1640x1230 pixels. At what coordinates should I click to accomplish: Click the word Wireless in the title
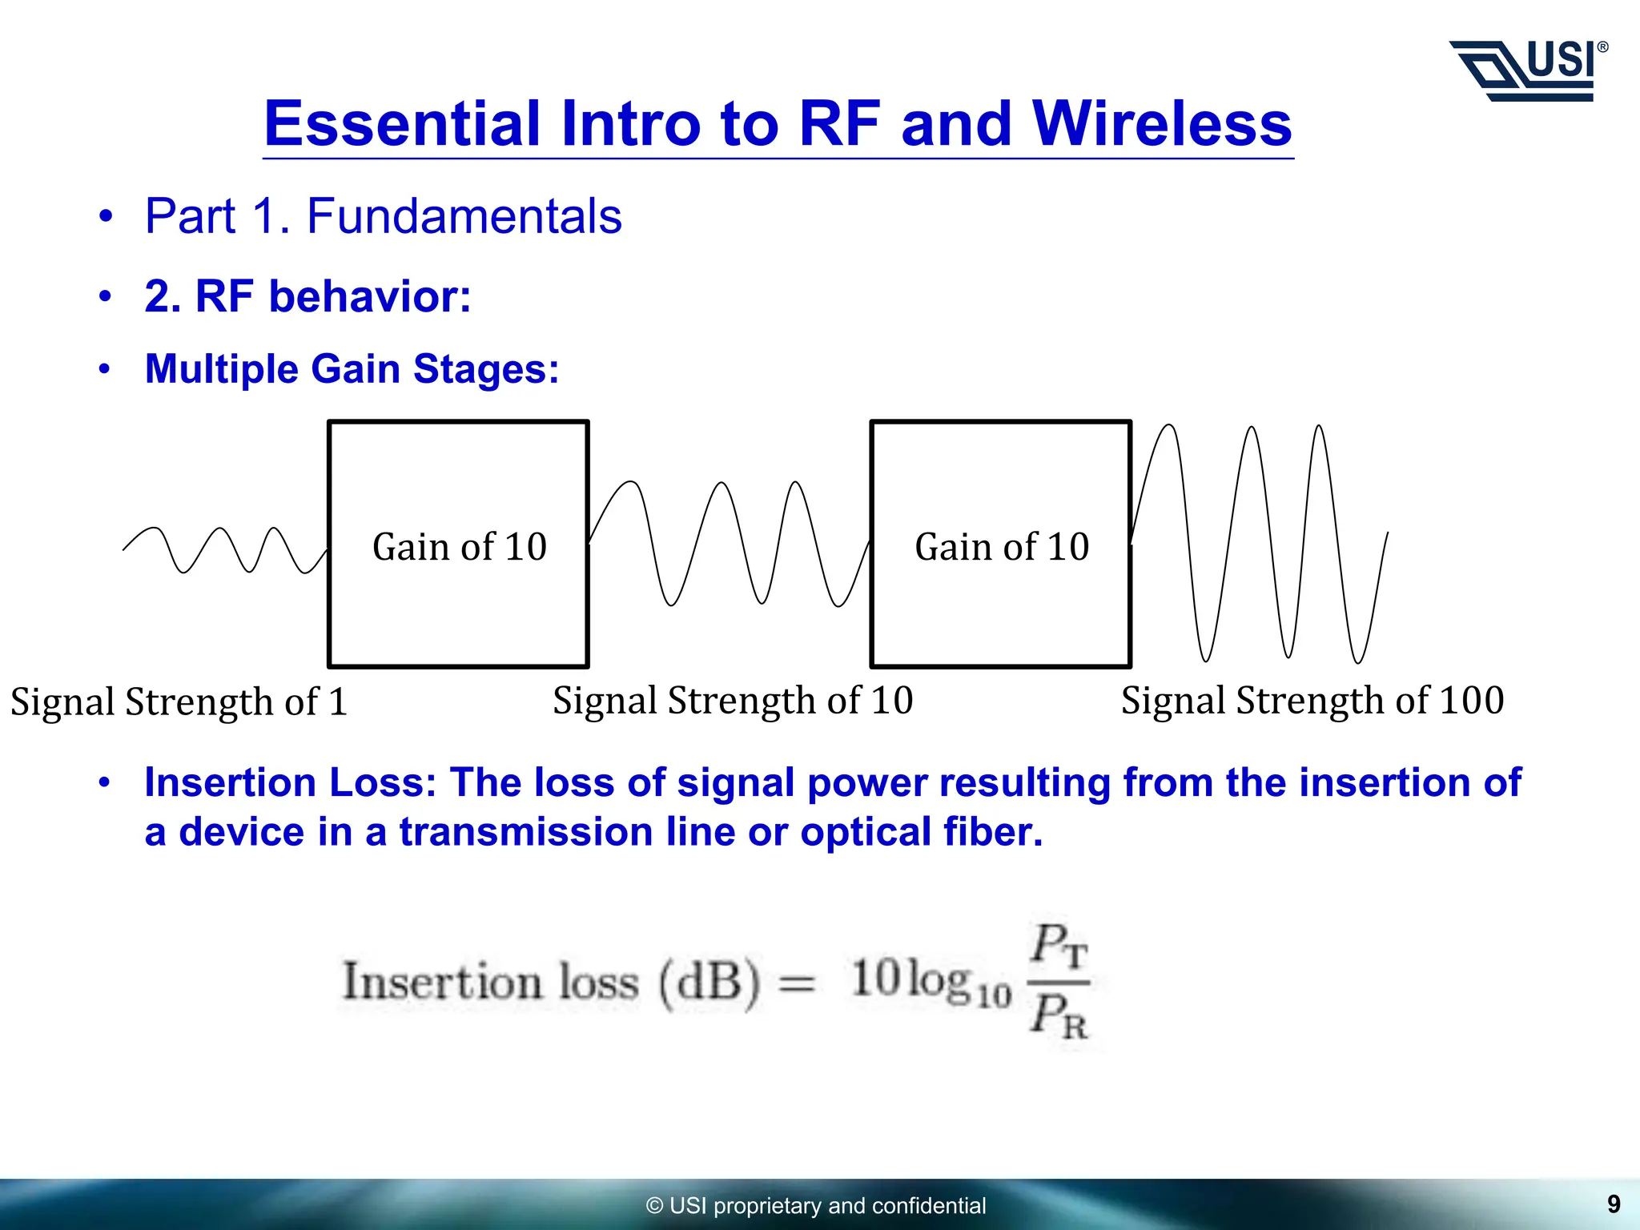click(x=1162, y=124)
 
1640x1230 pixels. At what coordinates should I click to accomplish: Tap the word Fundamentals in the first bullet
click(x=464, y=216)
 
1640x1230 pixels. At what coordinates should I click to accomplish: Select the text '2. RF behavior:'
click(x=307, y=296)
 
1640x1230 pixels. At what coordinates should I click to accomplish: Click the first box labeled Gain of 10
click(x=459, y=545)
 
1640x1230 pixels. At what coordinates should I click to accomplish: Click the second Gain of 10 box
click(x=1001, y=545)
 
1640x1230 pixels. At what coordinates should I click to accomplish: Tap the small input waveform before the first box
click(x=224, y=549)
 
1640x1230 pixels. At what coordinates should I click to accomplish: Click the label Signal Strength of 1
click(x=179, y=701)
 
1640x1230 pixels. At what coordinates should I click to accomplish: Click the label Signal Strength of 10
click(x=733, y=701)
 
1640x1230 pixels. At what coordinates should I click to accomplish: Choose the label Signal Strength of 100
click(x=1312, y=701)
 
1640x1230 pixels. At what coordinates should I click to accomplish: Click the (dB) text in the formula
click(x=709, y=982)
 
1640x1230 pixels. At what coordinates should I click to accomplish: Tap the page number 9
click(x=1614, y=1204)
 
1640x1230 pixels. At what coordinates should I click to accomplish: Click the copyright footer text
click(x=816, y=1205)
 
